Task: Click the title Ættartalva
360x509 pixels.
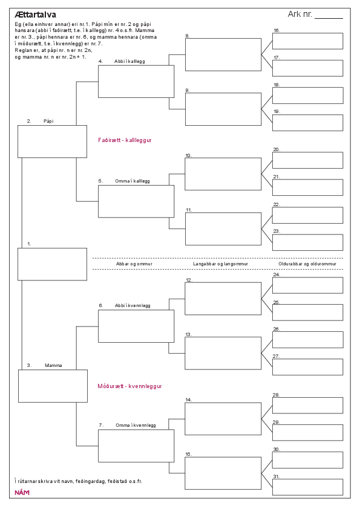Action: coord(36,15)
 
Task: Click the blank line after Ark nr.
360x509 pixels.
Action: coord(329,19)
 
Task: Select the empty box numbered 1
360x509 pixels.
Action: coord(52,264)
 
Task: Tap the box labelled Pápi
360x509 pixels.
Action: coord(52,141)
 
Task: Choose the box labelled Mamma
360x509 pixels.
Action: coord(53,386)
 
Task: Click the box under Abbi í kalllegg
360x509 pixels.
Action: coord(136,82)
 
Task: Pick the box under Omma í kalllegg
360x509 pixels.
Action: coord(136,201)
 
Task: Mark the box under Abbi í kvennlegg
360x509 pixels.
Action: coord(136,326)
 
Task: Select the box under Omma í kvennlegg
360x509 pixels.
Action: coord(136,446)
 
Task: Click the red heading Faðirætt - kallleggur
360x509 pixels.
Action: coord(125,140)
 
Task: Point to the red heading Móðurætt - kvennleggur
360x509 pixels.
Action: coord(129,386)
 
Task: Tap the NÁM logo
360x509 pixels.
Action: coord(22,493)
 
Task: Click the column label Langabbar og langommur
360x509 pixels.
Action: coord(221,264)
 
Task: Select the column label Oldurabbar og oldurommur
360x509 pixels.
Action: coord(307,264)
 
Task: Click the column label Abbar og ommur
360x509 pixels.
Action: coord(134,264)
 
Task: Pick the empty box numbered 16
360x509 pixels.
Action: coord(308,41)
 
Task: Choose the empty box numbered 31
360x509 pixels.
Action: coord(308,487)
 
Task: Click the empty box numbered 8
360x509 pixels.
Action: coord(223,54)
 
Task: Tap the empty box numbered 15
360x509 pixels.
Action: coord(223,473)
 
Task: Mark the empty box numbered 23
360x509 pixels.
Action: coord(308,242)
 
